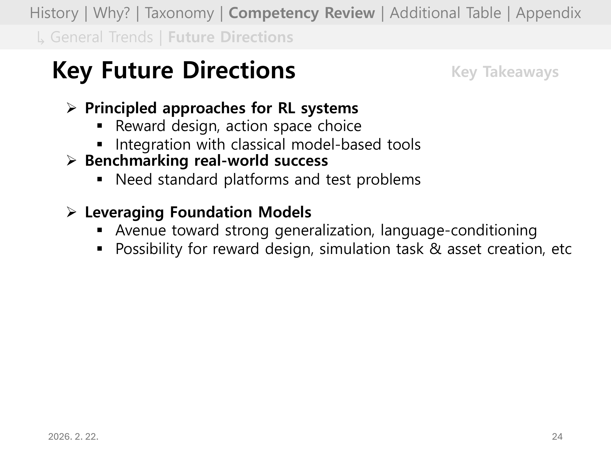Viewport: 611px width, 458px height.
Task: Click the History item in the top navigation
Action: (x=54, y=13)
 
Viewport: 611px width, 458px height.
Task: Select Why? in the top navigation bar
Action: (x=111, y=13)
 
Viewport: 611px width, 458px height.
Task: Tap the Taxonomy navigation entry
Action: (x=179, y=13)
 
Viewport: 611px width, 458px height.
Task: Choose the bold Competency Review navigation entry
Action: (x=302, y=13)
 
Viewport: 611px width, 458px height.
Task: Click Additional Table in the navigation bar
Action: (x=445, y=13)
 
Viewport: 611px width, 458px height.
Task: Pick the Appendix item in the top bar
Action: (x=548, y=13)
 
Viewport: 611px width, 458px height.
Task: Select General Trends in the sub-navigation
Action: (x=102, y=37)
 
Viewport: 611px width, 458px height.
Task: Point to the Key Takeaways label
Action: (x=505, y=72)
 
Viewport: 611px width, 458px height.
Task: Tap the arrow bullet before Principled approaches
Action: (x=71, y=108)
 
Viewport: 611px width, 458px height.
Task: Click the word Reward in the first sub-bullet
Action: (x=140, y=126)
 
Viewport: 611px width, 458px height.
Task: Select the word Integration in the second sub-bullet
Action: (x=153, y=145)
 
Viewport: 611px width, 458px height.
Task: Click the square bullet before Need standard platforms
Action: (x=100, y=180)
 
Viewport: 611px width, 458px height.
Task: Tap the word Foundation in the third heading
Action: (x=211, y=212)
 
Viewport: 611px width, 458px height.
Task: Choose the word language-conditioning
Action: (x=459, y=231)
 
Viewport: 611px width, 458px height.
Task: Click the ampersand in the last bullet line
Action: (x=435, y=249)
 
